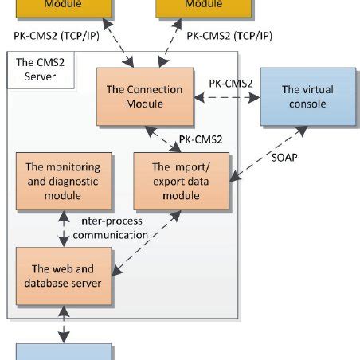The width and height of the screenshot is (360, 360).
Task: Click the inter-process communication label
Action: click(x=114, y=229)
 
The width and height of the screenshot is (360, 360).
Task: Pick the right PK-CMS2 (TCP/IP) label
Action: click(x=229, y=36)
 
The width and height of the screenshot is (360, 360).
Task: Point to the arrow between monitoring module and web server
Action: click(x=64, y=226)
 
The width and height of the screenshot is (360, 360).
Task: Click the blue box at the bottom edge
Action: click(x=65, y=352)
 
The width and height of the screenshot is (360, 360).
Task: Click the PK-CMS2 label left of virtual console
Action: click(x=231, y=83)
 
